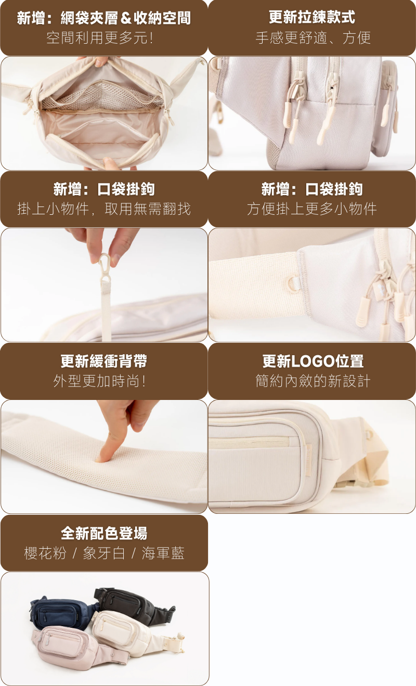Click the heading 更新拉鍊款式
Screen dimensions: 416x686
coord(312,18)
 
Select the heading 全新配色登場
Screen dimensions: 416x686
coord(104,534)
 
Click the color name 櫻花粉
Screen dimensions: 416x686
coord(45,553)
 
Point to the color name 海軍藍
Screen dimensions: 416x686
coord(163,553)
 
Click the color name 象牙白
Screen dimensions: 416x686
coord(104,553)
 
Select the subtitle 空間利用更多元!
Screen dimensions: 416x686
coord(99,38)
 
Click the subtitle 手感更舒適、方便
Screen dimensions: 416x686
coord(313,38)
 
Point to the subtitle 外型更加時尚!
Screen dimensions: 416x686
coord(99,381)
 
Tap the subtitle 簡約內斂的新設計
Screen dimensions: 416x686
coord(313,381)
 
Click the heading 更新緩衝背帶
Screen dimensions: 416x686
coord(104,361)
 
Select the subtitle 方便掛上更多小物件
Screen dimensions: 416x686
coord(312,209)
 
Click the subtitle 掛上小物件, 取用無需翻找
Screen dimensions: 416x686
coord(104,209)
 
